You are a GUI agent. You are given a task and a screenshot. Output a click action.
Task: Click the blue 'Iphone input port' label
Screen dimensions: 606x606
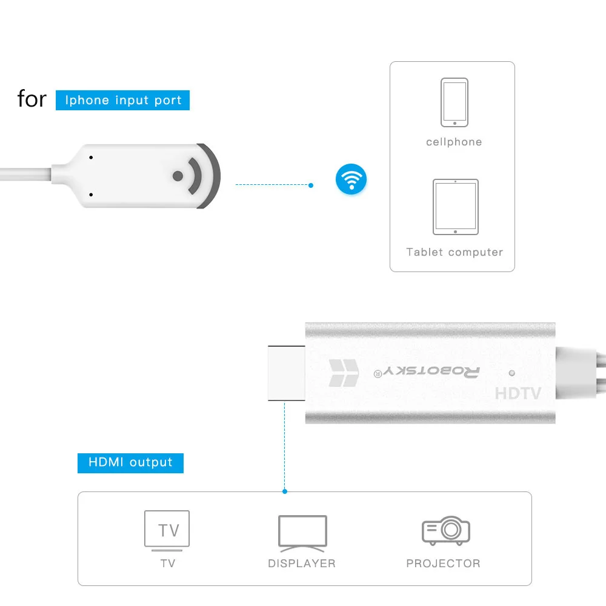coord(123,100)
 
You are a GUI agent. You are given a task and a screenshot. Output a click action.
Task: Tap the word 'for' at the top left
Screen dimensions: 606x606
coord(32,99)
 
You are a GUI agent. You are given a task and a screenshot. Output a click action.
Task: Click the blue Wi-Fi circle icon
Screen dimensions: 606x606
coord(351,179)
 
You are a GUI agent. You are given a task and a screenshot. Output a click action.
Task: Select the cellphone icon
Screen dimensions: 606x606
coord(454,102)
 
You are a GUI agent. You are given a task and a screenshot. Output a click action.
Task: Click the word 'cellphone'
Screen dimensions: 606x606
coord(454,142)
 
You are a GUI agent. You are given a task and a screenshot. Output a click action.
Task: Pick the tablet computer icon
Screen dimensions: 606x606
coord(455,207)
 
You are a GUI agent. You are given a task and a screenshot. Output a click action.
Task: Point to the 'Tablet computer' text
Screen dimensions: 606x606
coord(454,252)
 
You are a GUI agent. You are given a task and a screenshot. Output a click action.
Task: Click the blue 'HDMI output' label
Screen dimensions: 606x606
coord(130,462)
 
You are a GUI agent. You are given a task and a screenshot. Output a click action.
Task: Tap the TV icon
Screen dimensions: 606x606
coord(167,530)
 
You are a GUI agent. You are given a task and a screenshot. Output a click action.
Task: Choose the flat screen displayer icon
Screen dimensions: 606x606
coord(302,533)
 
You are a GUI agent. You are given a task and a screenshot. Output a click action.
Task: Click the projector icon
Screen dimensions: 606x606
coord(446,531)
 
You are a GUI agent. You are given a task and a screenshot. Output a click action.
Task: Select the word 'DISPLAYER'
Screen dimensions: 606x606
coord(302,564)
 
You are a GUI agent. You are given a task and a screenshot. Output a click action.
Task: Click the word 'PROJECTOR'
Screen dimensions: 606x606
coord(443,564)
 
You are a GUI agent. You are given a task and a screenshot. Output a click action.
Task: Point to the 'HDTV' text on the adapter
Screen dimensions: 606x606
coord(518,393)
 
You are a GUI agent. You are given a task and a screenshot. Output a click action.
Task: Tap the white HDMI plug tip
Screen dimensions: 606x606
coord(286,373)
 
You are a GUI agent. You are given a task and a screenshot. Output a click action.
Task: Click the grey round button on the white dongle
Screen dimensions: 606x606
coord(178,176)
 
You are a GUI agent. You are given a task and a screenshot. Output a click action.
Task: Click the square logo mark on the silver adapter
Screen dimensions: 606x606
coord(344,373)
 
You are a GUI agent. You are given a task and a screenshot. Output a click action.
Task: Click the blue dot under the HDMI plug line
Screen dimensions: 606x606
coord(285,491)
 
